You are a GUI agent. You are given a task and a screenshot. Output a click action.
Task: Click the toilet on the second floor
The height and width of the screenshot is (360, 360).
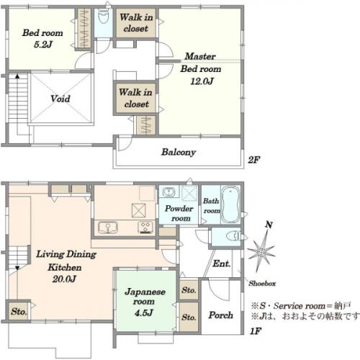click(x=104, y=17)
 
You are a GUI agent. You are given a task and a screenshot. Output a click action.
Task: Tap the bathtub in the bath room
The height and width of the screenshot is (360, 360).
click(x=230, y=204)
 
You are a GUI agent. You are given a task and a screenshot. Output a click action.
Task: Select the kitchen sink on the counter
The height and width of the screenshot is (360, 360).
click(x=108, y=228)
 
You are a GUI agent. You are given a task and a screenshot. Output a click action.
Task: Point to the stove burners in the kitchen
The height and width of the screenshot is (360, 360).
click(x=145, y=228)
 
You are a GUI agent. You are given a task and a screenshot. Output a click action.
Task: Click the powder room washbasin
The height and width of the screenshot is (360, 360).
click(x=169, y=192)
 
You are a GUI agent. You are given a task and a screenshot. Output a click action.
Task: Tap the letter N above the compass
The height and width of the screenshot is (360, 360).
click(x=269, y=225)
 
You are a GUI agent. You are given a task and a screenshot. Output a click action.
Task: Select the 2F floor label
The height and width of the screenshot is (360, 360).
click(x=254, y=160)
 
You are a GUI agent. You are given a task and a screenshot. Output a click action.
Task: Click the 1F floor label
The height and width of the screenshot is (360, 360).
click(x=256, y=331)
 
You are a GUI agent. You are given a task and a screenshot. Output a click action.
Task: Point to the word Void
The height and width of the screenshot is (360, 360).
click(x=60, y=99)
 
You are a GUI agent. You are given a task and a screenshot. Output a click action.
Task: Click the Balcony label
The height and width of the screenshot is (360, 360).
click(x=179, y=152)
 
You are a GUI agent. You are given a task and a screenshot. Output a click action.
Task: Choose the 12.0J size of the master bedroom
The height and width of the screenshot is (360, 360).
click(x=202, y=81)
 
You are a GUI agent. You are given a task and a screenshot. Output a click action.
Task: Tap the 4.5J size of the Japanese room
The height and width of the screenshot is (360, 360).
click(x=144, y=312)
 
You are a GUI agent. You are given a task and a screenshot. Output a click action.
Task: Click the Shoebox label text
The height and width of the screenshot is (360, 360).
click(x=262, y=284)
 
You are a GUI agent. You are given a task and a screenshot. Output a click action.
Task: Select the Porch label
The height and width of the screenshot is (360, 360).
click(x=220, y=315)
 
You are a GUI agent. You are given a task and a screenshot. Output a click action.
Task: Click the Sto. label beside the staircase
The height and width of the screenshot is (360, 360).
click(x=19, y=312)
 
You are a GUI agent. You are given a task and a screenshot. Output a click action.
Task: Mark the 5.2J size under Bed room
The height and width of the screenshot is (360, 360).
click(x=43, y=45)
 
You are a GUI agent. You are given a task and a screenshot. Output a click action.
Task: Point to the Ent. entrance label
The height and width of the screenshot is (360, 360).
click(x=222, y=264)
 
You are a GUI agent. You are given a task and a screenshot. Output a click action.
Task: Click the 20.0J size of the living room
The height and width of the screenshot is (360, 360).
click(x=64, y=279)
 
